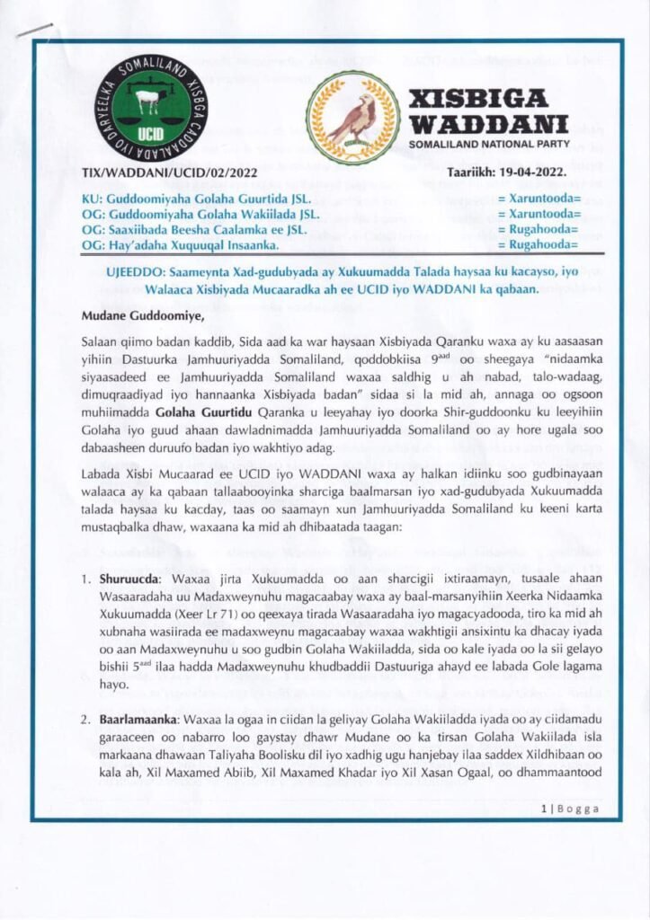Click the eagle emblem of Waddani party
click(352, 117)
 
